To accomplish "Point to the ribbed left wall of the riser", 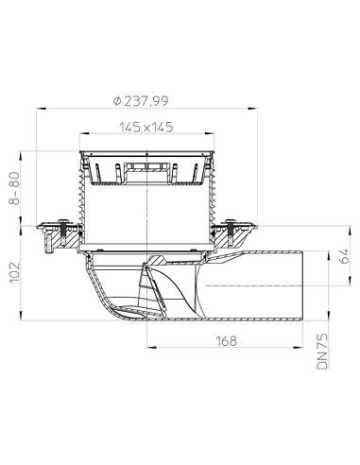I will click(83, 203).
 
